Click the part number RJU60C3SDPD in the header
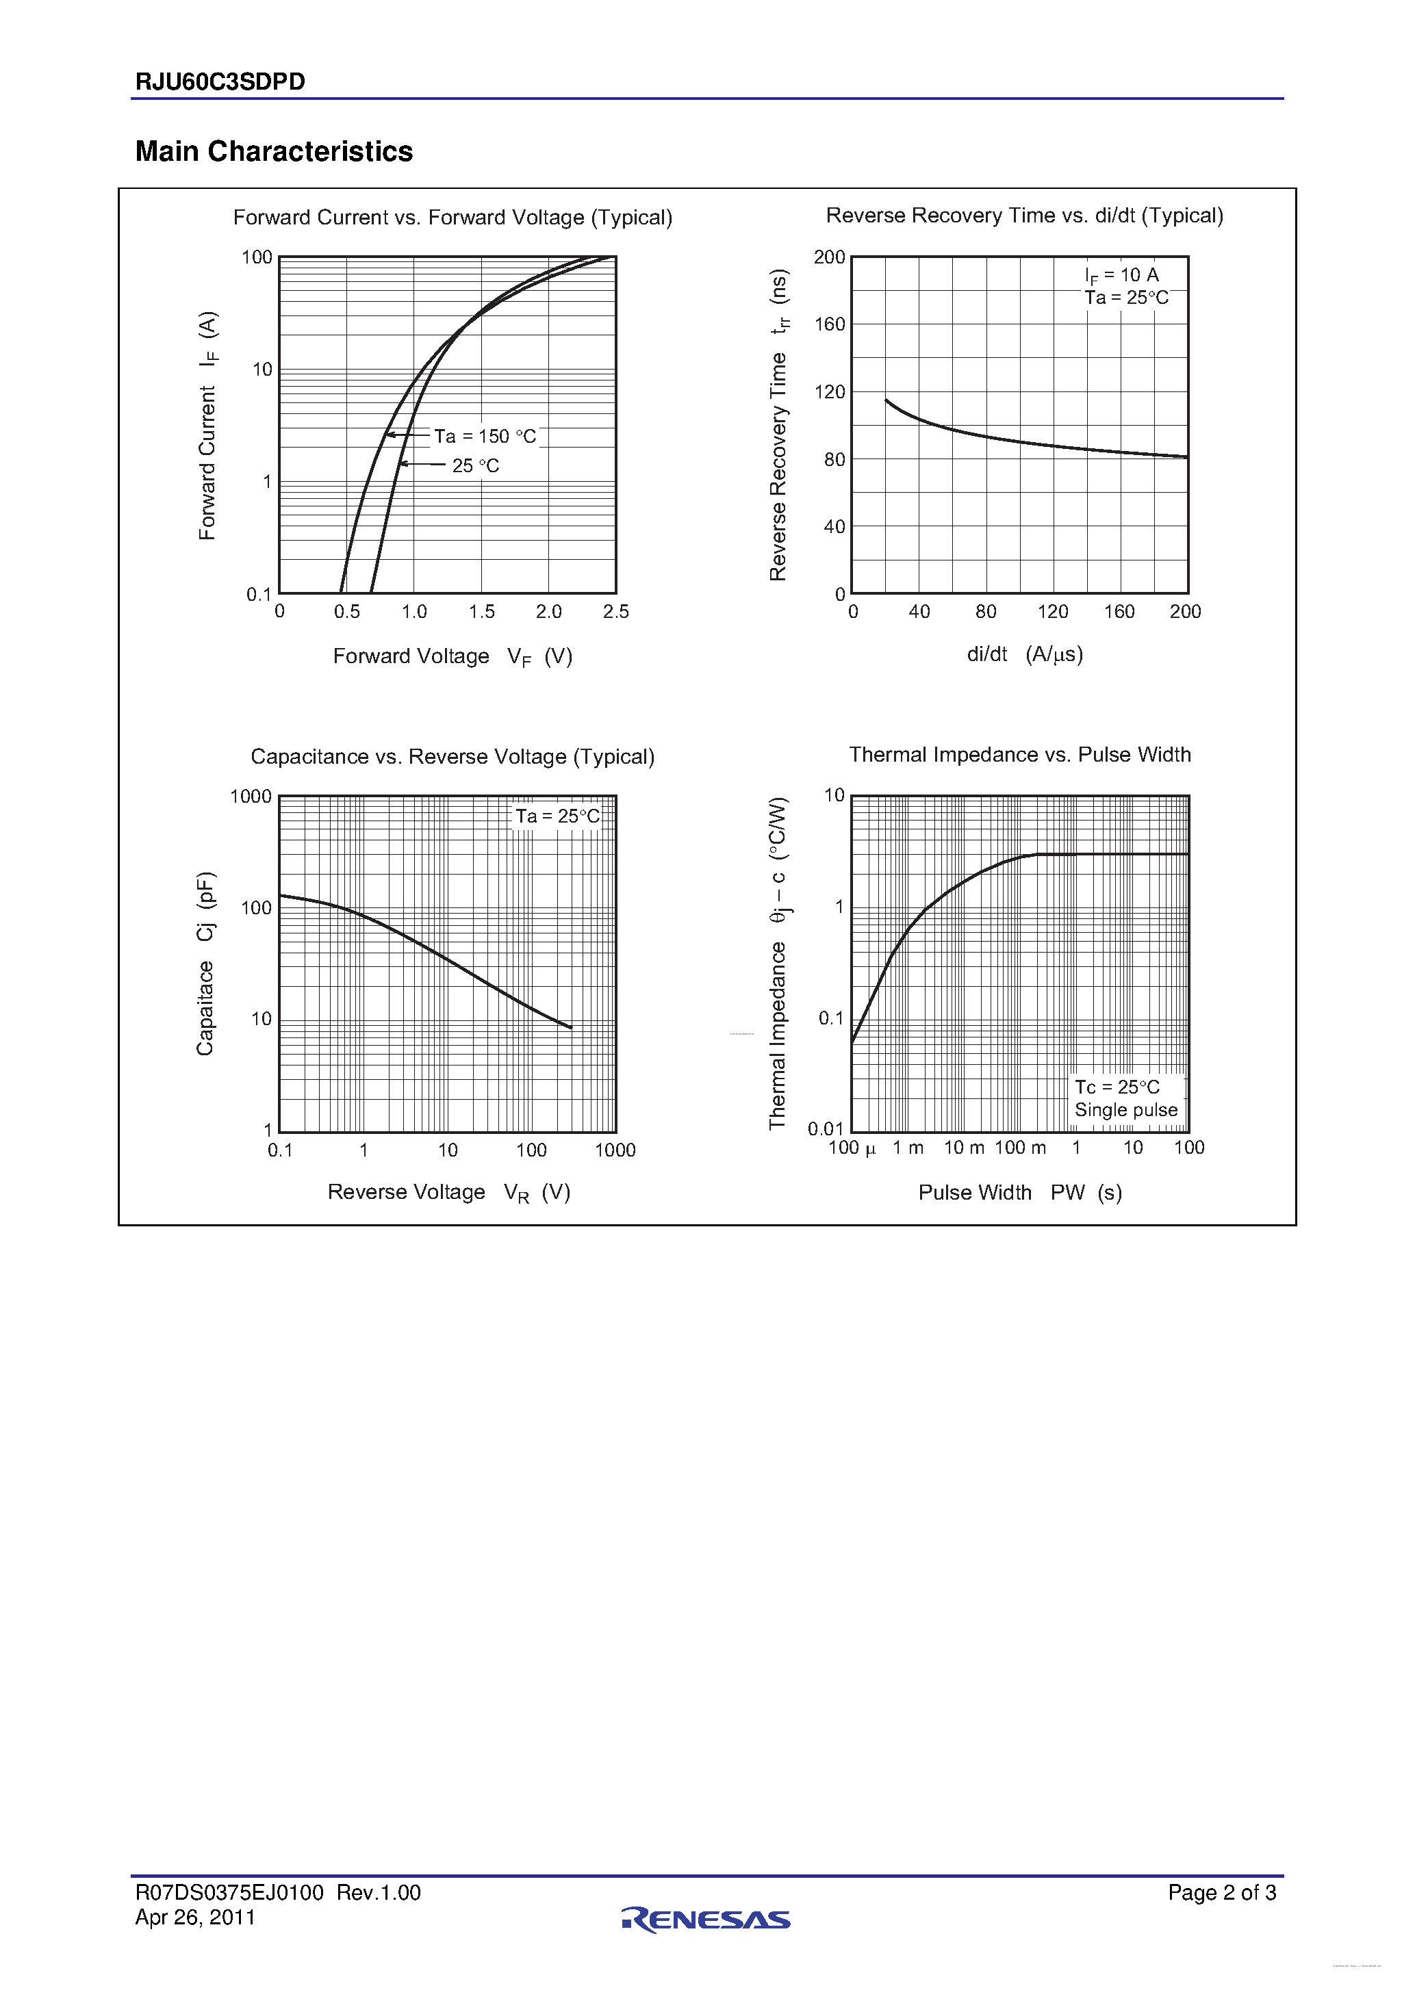[x=220, y=82]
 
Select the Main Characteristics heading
[x=274, y=152]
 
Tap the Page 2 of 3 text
[x=1221, y=1892]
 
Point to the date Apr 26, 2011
[x=195, y=1918]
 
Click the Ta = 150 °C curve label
[x=485, y=436]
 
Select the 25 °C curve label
[x=475, y=465]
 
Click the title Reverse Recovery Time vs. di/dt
[x=1024, y=216]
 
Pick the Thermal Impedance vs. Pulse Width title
[x=1019, y=755]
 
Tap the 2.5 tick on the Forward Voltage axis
[x=615, y=612]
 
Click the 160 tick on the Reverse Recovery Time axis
[x=829, y=324]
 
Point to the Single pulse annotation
[x=1125, y=1109]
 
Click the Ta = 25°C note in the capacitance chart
[x=557, y=816]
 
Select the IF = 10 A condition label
[x=1121, y=275]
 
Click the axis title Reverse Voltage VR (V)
[x=449, y=1192]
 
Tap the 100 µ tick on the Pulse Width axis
[x=852, y=1148]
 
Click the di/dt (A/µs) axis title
[x=1024, y=654]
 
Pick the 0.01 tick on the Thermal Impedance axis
[x=825, y=1128]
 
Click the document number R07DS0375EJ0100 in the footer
[x=229, y=1892]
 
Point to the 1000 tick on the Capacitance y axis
[x=251, y=797]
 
